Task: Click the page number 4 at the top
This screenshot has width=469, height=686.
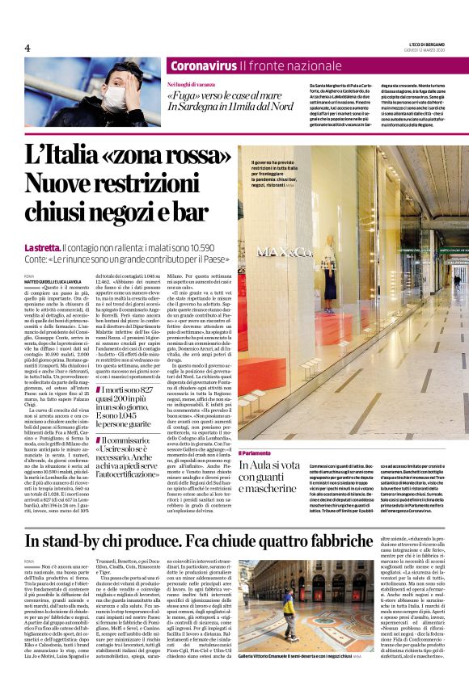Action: tap(27, 48)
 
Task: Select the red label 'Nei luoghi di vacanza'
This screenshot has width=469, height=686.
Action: tap(192, 84)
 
